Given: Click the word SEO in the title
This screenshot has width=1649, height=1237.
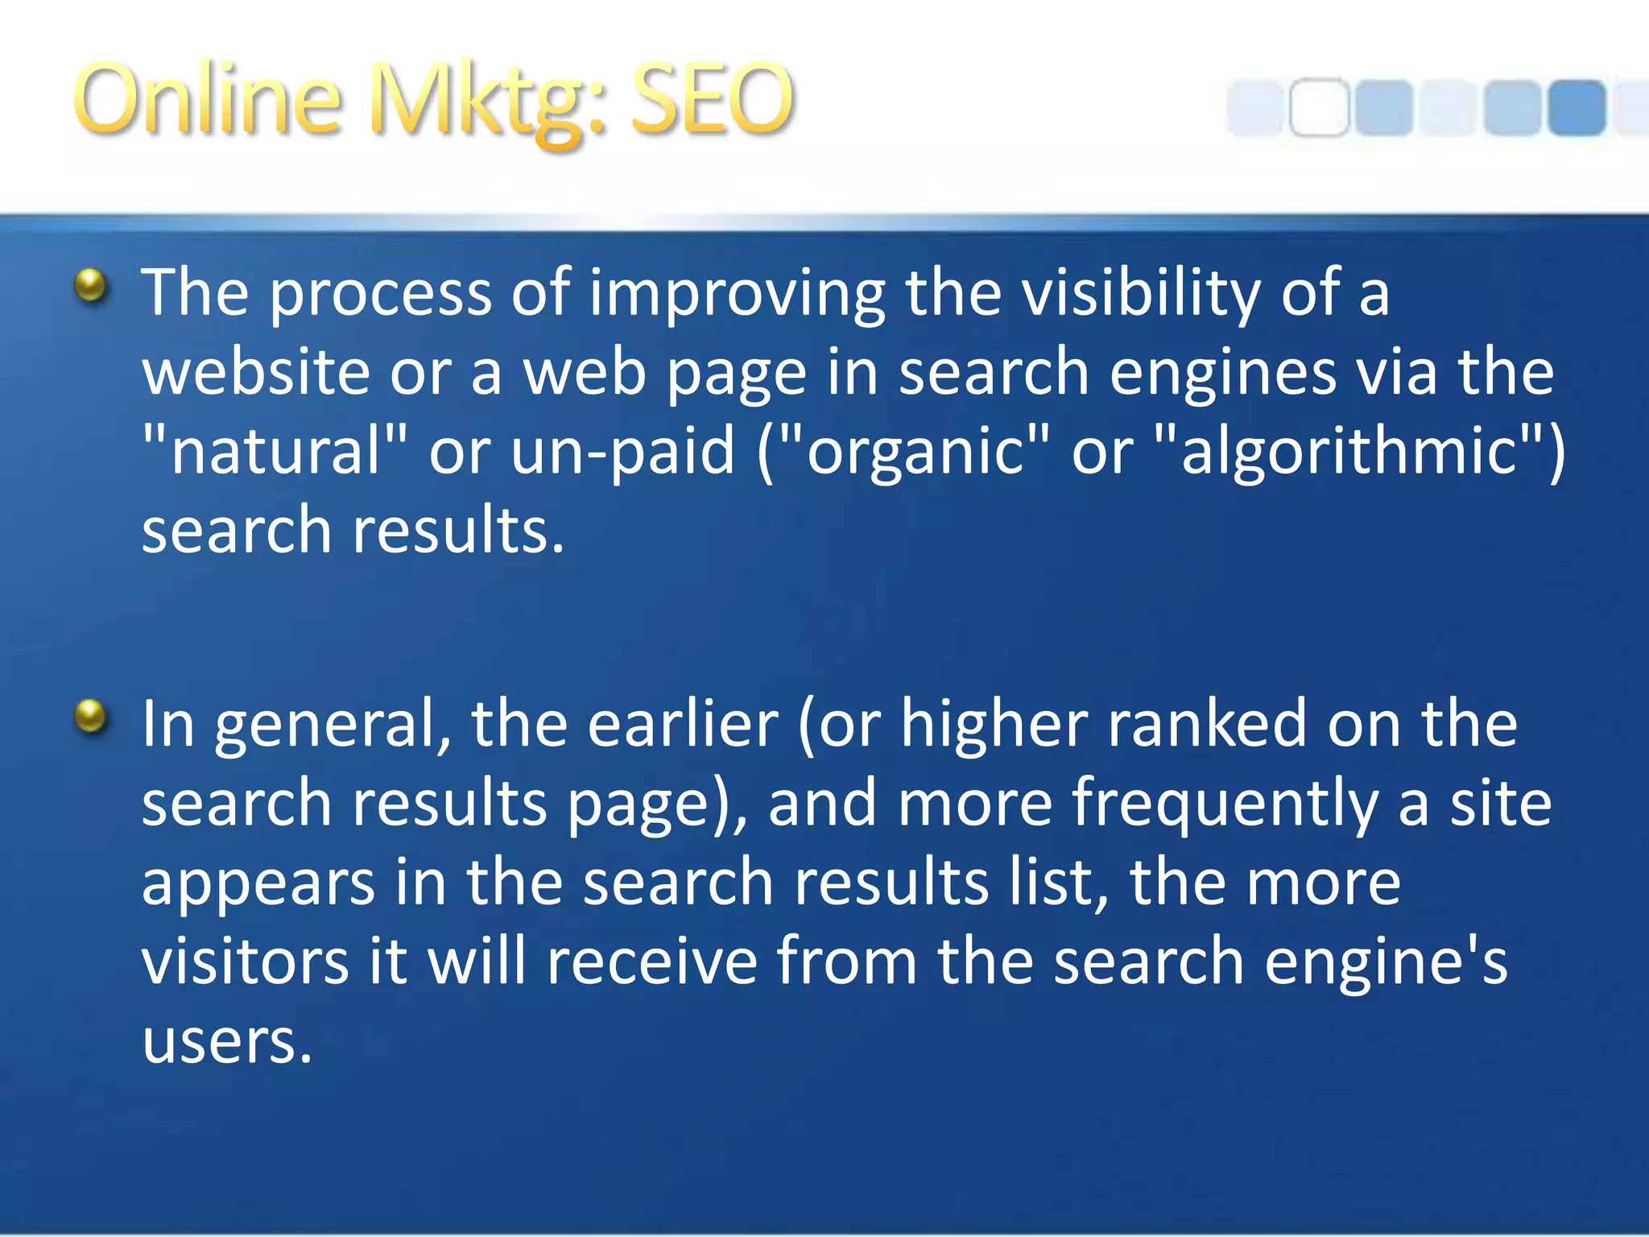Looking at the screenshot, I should click(x=712, y=99).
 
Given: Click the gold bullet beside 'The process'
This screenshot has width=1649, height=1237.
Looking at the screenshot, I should click(x=91, y=285).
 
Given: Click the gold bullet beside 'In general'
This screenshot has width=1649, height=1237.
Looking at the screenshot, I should click(x=91, y=716).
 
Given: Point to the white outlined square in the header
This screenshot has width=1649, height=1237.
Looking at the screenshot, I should click(x=1319, y=107).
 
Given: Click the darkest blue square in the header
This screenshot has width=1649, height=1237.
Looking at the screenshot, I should click(x=1576, y=107).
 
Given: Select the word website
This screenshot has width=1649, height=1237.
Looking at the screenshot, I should click(x=255, y=372).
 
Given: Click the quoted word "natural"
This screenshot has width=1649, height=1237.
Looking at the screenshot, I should click(x=275, y=450).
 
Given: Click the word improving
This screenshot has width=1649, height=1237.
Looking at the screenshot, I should click(x=738, y=293).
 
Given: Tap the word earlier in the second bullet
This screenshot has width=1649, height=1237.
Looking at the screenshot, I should click(x=683, y=723).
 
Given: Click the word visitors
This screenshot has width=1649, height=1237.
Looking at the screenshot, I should click(x=246, y=961).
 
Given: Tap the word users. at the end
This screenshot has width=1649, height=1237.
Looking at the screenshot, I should click(x=227, y=1041).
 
